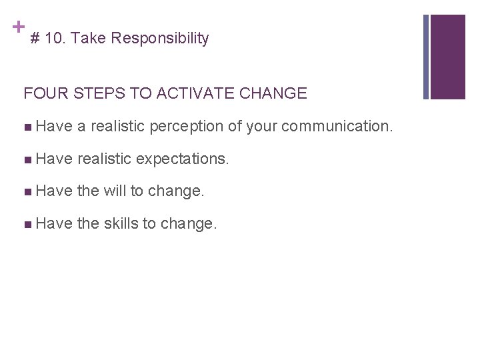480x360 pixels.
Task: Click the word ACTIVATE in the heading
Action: [189, 93]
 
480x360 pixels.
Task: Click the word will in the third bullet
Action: [115, 191]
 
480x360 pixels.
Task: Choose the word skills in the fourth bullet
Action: [121, 224]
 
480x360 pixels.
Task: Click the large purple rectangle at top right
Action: [447, 57]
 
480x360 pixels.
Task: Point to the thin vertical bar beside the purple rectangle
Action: [425, 57]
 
